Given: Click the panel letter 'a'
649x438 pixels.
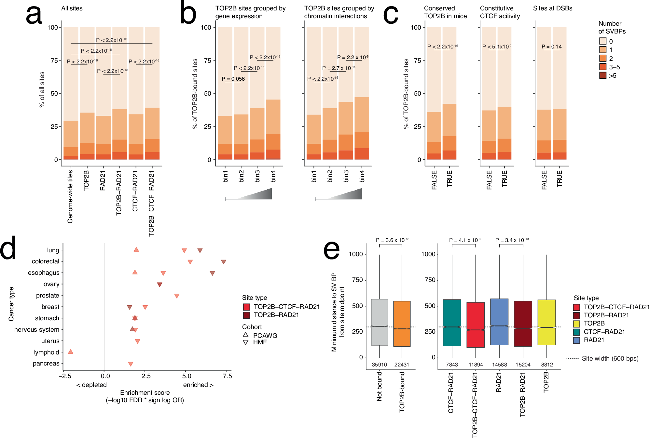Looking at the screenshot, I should [x=34, y=15].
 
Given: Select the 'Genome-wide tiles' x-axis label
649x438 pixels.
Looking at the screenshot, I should [x=70, y=196].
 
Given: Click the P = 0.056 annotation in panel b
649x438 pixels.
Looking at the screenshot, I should [x=233, y=79].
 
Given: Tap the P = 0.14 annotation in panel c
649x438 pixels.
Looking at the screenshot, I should [x=551, y=47].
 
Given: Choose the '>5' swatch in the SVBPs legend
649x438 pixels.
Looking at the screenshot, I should [x=602, y=75].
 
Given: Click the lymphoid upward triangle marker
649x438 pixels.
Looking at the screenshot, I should [x=71, y=352].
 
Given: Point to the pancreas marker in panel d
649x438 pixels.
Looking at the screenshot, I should [x=131, y=364].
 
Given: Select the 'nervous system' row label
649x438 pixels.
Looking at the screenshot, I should [x=37, y=330].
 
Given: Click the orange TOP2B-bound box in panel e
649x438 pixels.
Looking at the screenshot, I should [x=402, y=324].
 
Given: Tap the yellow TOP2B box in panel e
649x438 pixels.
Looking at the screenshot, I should [x=546, y=322].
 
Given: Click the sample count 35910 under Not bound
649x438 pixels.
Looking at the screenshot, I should [x=380, y=365].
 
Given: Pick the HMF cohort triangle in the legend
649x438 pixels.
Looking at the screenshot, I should [x=246, y=342].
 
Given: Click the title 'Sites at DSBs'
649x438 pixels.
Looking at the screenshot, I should [x=552, y=8].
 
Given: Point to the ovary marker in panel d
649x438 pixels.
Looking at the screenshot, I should [x=159, y=285].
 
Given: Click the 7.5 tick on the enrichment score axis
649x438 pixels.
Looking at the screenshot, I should [x=228, y=376].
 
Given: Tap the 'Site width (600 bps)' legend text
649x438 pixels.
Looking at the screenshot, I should [x=610, y=359].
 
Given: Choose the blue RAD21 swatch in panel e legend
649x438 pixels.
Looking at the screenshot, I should [x=576, y=340].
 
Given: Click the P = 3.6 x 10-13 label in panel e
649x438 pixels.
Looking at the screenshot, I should [x=392, y=240].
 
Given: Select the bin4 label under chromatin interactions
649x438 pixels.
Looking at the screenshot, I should [x=362, y=176].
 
